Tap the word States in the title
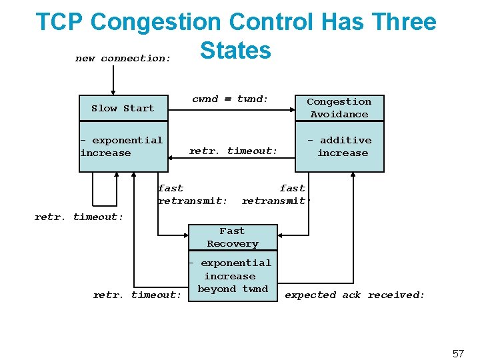(235, 50)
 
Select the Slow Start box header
(123, 108)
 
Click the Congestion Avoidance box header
(339, 108)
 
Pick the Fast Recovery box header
(232, 237)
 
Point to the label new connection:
(123, 59)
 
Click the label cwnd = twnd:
(230, 99)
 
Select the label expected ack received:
(355, 295)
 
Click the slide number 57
(457, 353)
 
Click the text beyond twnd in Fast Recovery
(233, 289)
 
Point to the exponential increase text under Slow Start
(121, 146)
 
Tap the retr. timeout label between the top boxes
(233, 151)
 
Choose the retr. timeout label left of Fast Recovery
(137, 295)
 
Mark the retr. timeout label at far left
(79, 217)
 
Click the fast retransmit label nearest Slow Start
(192, 194)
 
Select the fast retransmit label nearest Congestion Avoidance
(275, 194)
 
